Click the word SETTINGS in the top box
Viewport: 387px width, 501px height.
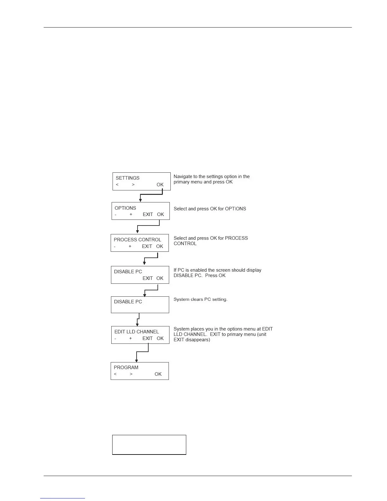pyautogui.click(x=127, y=178)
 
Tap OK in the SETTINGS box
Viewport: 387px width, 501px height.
pyautogui.click(x=160, y=185)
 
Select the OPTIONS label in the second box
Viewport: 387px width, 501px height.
pyautogui.click(x=125, y=208)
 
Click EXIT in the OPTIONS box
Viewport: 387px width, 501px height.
pyautogui.click(x=148, y=214)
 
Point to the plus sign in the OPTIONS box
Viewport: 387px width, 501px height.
pyautogui.click(x=131, y=214)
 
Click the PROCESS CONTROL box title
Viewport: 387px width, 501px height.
pyautogui.click(x=137, y=240)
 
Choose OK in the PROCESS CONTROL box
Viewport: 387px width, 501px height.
pyautogui.click(x=160, y=246)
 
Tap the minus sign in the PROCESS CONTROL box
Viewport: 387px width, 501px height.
pyautogui.click(x=114, y=246)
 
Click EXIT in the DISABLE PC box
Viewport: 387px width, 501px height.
pyautogui.click(x=148, y=278)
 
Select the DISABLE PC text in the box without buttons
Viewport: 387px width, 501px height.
pyautogui.click(x=128, y=302)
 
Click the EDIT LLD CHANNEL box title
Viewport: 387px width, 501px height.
pyautogui.click(x=137, y=332)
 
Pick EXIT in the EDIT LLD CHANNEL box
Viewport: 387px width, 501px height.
pyautogui.click(x=148, y=338)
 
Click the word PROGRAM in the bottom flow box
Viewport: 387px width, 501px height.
pyautogui.click(x=126, y=368)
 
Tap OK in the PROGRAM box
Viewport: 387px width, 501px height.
pyautogui.click(x=158, y=374)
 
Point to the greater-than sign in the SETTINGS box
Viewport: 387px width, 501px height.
pyautogui.click(x=133, y=185)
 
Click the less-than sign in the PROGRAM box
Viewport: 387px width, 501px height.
pyautogui.click(x=115, y=374)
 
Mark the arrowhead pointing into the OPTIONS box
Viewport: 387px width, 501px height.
pyautogui.click(x=140, y=200)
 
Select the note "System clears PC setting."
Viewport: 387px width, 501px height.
pyautogui.click(x=200, y=300)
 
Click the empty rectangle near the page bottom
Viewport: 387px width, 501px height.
pyautogui.click(x=149, y=445)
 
